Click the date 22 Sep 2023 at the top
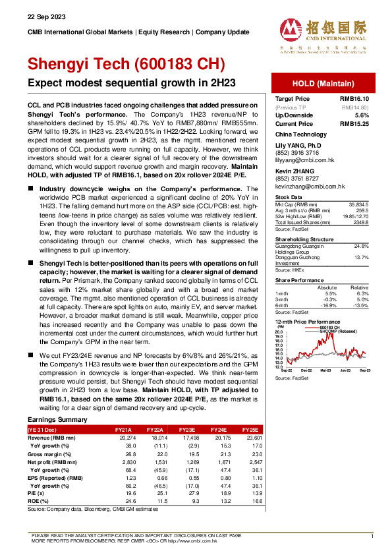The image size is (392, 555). click(x=42, y=16)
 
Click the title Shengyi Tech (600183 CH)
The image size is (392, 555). click(x=126, y=64)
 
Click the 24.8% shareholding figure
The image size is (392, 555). click(x=358, y=246)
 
